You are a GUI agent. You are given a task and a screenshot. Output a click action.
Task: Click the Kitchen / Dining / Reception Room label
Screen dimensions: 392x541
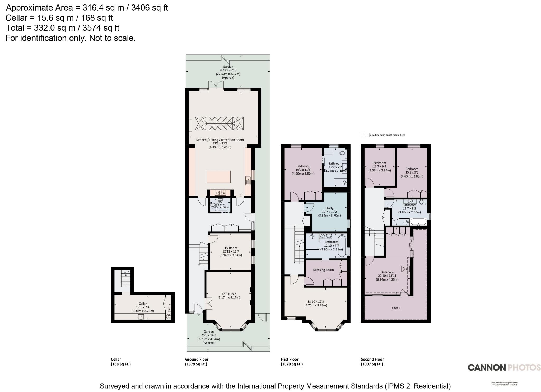220,140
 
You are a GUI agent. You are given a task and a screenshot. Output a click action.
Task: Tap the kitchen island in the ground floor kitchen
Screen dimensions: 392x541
218,177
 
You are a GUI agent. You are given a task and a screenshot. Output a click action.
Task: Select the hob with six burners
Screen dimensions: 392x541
220,193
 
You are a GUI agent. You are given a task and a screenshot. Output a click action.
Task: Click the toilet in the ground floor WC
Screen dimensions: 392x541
213,205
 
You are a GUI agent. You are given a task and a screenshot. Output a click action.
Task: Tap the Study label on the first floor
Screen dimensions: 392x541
329,208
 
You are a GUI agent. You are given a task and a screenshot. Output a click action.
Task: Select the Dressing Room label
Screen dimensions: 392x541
323,270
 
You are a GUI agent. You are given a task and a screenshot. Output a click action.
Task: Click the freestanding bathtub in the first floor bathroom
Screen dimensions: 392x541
342,246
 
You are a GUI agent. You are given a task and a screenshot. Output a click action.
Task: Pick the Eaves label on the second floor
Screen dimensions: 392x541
396,308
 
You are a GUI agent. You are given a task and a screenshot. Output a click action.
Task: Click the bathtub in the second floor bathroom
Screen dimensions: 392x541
418,222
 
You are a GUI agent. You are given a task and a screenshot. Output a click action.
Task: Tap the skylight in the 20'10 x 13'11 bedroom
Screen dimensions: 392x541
405,269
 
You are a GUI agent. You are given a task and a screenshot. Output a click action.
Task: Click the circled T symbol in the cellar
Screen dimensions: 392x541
169,316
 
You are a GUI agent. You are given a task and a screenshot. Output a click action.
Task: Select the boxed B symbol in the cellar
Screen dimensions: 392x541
170,309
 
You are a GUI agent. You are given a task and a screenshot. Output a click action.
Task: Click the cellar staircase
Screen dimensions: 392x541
126,279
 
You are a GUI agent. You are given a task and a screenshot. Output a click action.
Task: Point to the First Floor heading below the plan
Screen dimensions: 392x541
290,359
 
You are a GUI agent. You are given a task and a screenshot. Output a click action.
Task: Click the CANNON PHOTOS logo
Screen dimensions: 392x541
504,367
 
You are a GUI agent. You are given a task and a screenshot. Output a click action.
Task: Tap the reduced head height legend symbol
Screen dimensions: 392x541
365,135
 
